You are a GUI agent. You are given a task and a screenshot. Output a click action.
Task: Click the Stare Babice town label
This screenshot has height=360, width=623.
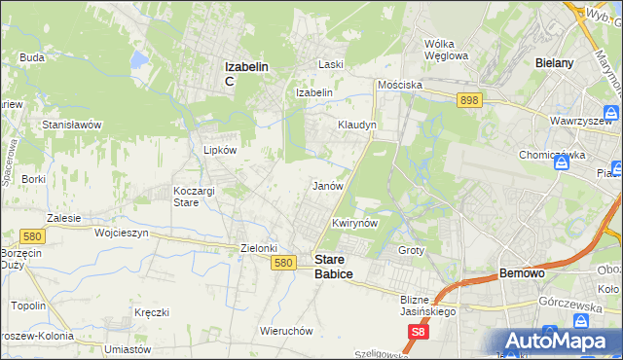[334, 267]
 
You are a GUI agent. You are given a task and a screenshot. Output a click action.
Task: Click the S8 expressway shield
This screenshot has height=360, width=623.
[418, 332]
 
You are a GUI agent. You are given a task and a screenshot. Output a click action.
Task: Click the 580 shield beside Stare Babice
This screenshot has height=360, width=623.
[283, 263]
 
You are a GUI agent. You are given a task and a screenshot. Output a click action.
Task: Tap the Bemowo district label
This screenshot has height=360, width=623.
[525, 275]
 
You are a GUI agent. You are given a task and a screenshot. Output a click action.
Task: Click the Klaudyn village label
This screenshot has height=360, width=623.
[356, 126]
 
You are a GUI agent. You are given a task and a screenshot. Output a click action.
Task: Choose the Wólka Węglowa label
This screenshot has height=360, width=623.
[447, 49]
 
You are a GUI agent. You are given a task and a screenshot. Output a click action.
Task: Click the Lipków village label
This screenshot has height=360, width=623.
[219, 151]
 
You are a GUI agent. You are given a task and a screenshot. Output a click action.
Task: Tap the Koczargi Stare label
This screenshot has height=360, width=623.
[200, 197]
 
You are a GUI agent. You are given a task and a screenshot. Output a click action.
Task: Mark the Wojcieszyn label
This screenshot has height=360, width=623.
[120, 234]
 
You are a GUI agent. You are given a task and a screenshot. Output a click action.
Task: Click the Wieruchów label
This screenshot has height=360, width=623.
[286, 331]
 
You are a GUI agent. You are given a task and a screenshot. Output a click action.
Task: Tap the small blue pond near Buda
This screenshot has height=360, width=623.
[139, 60]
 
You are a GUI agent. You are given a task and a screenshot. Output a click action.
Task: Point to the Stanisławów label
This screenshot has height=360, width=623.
[72, 125]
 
